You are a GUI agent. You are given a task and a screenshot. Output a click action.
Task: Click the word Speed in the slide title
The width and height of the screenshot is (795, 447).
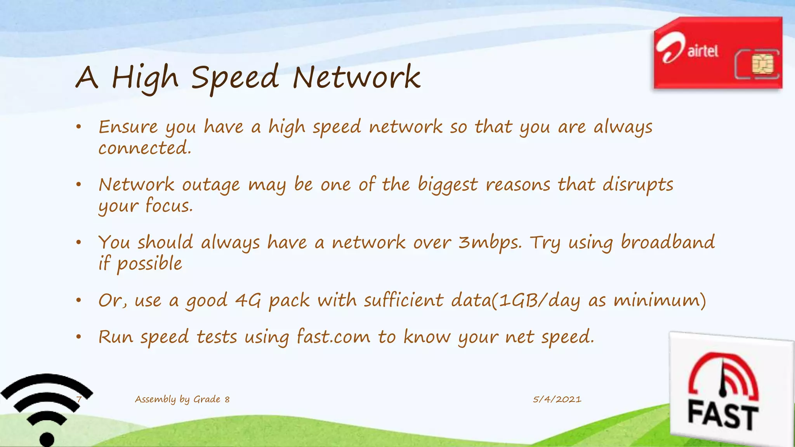coord(235,77)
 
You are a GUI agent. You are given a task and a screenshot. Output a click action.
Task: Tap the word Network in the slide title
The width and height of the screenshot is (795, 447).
coord(356,77)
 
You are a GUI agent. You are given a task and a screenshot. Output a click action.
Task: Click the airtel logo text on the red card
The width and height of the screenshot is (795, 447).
coord(703,51)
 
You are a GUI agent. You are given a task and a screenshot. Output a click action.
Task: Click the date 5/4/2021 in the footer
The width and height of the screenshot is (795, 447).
coord(557,399)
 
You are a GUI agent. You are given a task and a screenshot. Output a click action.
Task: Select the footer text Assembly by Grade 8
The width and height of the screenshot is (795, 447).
coord(182,399)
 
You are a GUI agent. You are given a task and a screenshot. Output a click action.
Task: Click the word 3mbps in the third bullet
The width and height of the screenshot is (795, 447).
coord(490,243)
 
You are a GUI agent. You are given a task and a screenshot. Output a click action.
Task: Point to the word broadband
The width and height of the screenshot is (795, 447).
coord(668,242)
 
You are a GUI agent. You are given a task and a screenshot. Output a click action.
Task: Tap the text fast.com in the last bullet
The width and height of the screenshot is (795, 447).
coord(333,336)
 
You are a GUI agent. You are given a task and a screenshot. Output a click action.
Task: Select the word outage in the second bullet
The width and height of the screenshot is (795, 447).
coord(211,185)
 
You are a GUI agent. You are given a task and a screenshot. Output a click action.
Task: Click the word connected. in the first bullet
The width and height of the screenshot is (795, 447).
coord(145,148)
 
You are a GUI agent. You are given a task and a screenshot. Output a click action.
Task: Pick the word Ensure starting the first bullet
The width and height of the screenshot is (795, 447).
coord(128,127)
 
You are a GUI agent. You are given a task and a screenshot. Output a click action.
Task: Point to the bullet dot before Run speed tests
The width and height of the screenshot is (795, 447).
coord(78,337)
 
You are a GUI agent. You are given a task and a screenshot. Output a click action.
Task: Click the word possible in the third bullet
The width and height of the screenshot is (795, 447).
coord(149,264)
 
